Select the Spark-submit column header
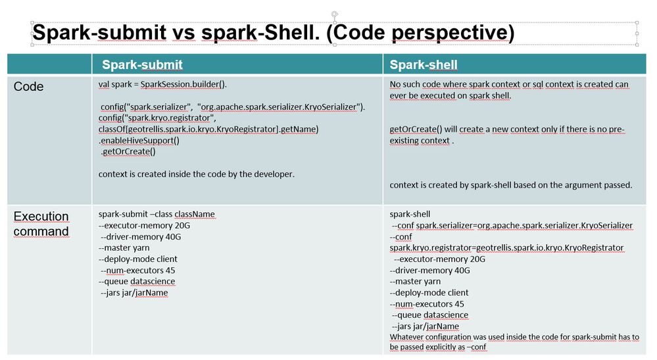142,64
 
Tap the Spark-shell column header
424,64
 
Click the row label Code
29,87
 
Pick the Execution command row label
41,224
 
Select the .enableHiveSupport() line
139,140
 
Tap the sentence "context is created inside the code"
196,174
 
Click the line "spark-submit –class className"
157,214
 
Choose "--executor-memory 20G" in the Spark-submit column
139,225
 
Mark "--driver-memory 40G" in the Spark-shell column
429,270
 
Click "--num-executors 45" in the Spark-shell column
427,304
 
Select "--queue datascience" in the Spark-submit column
137,281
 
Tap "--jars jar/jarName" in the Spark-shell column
425,326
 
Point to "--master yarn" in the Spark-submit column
124,247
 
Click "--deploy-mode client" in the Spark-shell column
429,292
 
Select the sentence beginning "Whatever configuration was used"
514,337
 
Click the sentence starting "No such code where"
509,84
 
